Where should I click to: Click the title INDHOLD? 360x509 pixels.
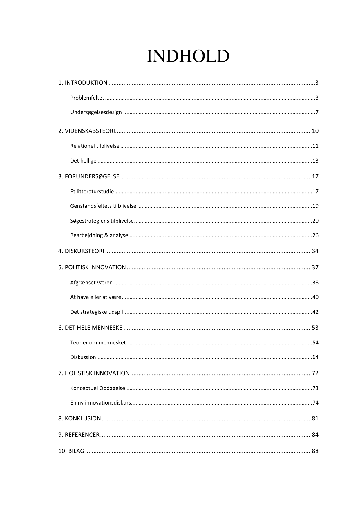pyautogui.click(x=188, y=56)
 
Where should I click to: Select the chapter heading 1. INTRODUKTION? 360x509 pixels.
pyautogui.click(x=83, y=83)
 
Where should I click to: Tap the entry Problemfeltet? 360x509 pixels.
pyautogui.click(x=87, y=98)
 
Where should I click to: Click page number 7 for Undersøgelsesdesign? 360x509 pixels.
pyautogui.click(x=317, y=112)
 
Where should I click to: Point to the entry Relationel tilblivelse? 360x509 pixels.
pyautogui.click(x=95, y=146)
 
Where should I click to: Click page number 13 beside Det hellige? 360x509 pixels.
pyautogui.click(x=315, y=161)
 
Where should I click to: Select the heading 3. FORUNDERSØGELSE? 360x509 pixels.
pyautogui.click(x=88, y=176)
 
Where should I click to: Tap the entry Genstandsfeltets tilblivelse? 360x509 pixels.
pyautogui.click(x=103, y=206)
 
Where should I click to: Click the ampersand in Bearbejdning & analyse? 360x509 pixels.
pyautogui.click(x=107, y=235)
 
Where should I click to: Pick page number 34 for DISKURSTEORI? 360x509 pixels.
pyautogui.click(x=315, y=251)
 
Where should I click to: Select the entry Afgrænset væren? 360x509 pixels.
pyautogui.click(x=91, y=283)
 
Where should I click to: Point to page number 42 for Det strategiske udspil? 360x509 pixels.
pyautogui.click(x=315, y=312)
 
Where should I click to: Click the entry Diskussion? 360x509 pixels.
pyautogui.click(x=83, y=357)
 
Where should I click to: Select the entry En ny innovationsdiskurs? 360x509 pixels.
pyautogui.click(x=100, y=403)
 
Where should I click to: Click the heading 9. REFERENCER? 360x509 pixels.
pyautogui.click(x=79, y=435)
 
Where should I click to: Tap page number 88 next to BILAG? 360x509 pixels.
pyautogui.click(x=315, y=451)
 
